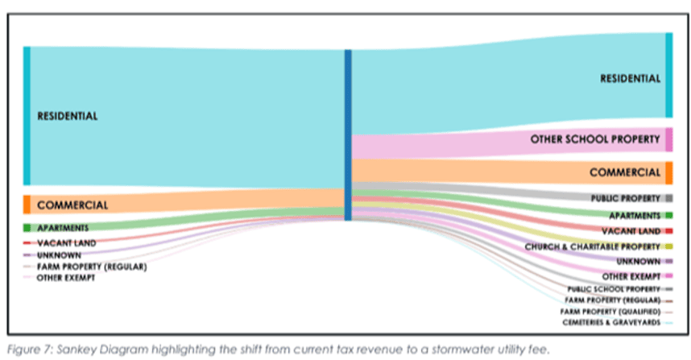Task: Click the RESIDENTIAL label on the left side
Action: pyautogui.click(x=68, y=116)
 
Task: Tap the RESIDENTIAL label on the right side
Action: pyautogui.click(x=630, y=79)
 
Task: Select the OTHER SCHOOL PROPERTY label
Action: pyautogui.click(x=595, y=139)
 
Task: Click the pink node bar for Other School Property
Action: pyautogui.click(x=669, y=139)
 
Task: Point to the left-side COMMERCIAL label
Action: pyautogui.click(x=72, y=205)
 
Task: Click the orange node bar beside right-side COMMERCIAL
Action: pyautogui.click(x=669, y=172)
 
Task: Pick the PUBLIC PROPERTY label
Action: pyautogui.click(x=626, y=199)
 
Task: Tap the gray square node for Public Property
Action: pyautogui.click(x=669, y=198)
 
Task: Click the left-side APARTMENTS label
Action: pyautogui.click(x=63, y=228)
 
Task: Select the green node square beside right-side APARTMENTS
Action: pyautogui.click(x=669, y=216)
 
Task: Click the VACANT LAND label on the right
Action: pyautogui.click(x=631, y=231)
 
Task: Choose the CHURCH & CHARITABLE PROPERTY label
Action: pyautogui.click(x=593, y=246)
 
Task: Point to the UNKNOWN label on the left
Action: pyautogui.click(x=59, y=255)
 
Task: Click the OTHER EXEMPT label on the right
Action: pyautogui.click(x=631, y=277)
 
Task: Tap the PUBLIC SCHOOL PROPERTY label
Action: pyautogui.click(x=614, y=289)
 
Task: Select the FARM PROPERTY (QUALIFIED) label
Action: pyautogui.click(x=610, y=312)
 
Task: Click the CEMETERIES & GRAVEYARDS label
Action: pyautogui.click(x=612, y=323)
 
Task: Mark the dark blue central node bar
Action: pyautogui.click(x=348, y=134)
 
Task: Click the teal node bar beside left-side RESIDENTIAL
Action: pyautogui.click(x=27, y=116)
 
